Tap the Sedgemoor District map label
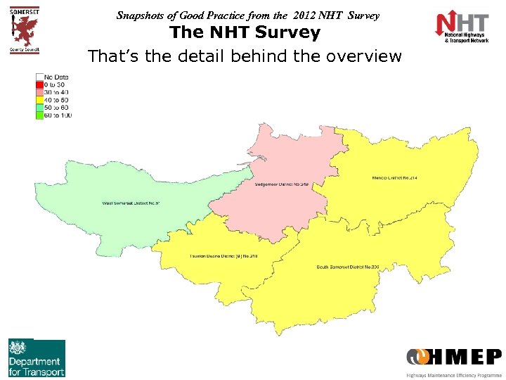(x=282, y=184)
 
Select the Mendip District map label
(x=395, y=178)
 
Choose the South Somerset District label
(x=348, y=267)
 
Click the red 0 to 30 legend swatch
(x=39, y=84)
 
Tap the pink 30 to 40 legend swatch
(x=39, y=91)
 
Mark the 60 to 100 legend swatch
(x=39, y=115)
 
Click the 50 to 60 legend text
(x=58, y=107)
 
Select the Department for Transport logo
(x=37, y=358)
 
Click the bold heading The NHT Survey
(x=245, y=32)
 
